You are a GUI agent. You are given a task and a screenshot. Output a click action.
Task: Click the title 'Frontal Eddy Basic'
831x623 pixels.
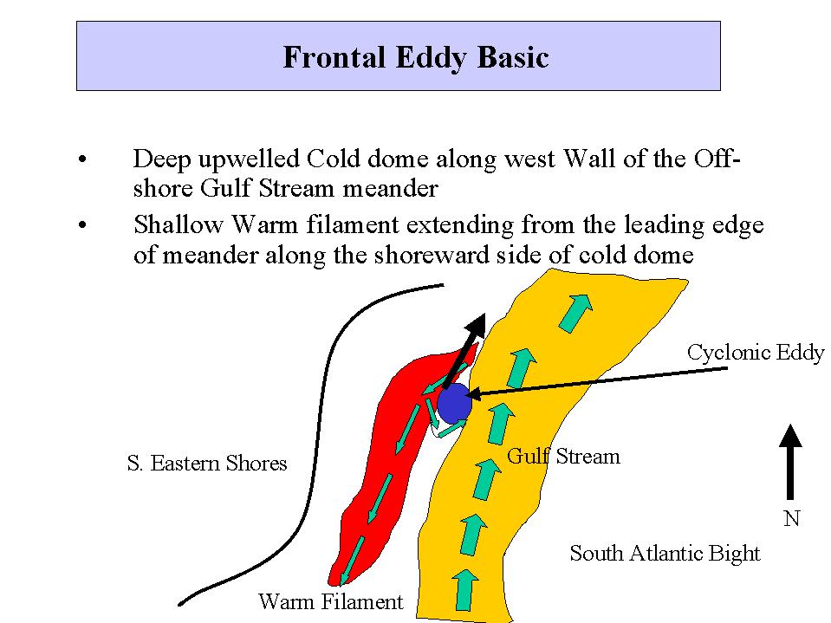pyautogui.click(x=416, y=57)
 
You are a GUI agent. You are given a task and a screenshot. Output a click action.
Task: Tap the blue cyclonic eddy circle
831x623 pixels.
pyautogui.click(x=454, y=404)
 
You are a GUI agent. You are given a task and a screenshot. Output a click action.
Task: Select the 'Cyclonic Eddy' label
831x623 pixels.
pyautogui.click(x=756, y=353)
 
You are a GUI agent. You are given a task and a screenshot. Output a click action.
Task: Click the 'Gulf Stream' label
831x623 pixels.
pyautogui.click(x=563, y=456)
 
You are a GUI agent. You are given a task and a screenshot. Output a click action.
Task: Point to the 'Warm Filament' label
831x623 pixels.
pyautogui.click(x=331, y=601)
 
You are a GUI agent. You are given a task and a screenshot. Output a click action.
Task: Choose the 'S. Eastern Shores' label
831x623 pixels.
pyautogui.click(x=207, y=463)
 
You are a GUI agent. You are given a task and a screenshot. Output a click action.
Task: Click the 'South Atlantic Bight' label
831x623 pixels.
pyautogui.click(x=665, y=553)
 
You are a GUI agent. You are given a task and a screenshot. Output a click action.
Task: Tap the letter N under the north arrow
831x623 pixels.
pyautogui.click(x=791, y=518)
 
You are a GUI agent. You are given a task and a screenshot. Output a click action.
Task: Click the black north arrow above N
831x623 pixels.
pyautogui.click(x=790, y=462)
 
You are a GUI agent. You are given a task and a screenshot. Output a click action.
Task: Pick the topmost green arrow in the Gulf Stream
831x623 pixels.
pyautogui.click(x=575, y=313)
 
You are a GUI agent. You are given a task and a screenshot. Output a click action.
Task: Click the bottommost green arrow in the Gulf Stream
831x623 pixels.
pyautogui.click(x=464, y=589)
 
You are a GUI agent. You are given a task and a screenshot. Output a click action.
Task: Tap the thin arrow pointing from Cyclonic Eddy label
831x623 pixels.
pyautogui.click(x=598, y=381)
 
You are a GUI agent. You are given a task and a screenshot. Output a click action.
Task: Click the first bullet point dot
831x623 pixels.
pyautogui.click(x=82, y=159)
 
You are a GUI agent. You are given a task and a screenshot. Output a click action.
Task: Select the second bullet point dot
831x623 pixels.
pyautogui.click(x=82, y=225)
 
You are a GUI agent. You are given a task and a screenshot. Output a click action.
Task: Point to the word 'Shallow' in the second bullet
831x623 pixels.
pyautogui.click(x=179, y=224)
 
